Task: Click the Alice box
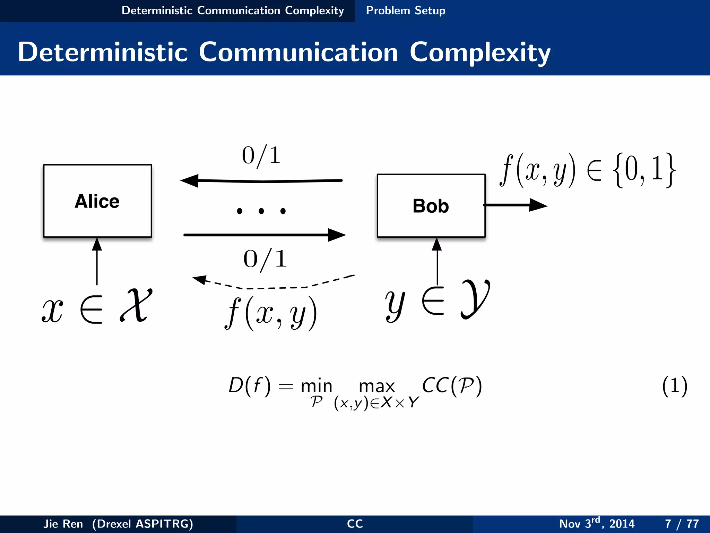click(x=97, y=201)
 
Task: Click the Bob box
click(x=431, y=206)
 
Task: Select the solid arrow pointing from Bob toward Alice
click(x=262, y=181)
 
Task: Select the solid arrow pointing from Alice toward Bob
click(x=263, y=235)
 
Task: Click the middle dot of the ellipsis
click(x=261, y=211)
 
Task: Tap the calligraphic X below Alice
click(x=136, y=305)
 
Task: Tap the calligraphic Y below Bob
click(x=475, y=299)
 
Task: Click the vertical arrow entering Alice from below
click(x=97, y=262)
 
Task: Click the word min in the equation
click(x=316, y=386)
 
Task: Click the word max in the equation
click(x=376, y=386)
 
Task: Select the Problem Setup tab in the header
click(x=405, y=10)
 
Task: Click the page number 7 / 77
click(x=682, y=523)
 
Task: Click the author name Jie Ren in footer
click(x=63, y=523)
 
